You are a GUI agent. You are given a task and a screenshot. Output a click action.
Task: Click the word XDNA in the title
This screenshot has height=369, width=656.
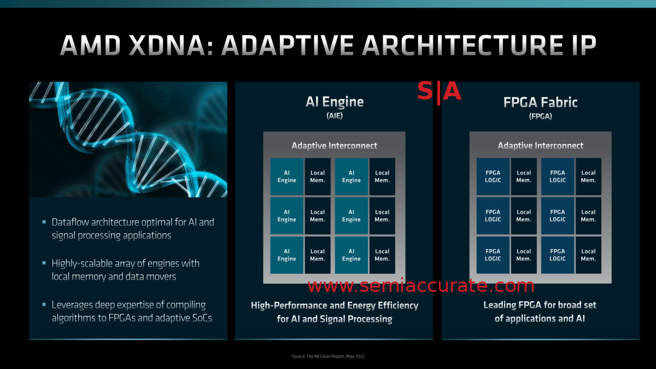pyautogui.click(x=167, y=45)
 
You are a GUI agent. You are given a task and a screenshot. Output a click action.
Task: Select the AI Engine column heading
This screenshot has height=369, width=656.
pyautogui.click(x=335, y=102)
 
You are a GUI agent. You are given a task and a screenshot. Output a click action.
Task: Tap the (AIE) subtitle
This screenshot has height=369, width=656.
pyautogui.click(x=335, y=116)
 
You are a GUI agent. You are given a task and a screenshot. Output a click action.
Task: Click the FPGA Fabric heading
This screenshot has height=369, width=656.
pyautogui.click(x=540, y=103)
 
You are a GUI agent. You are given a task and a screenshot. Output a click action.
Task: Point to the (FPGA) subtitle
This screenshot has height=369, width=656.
pyautogui.click(x=540, y=116)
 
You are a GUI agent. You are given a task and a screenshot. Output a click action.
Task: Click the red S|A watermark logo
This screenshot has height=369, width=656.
pyautogui.click(x=439, y=91)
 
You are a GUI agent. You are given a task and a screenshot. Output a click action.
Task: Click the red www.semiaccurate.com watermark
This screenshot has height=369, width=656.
pyautogui.click(x=421, y=286)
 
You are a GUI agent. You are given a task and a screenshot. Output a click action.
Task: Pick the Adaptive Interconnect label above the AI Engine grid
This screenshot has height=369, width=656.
pyautogui.click(x=334, y=145)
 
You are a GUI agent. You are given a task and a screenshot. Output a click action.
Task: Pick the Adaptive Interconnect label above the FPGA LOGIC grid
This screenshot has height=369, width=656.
pyautogui.click(x=540, y=145)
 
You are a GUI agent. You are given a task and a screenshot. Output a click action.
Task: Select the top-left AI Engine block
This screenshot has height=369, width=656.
pyautogui.click(x=286, y=177)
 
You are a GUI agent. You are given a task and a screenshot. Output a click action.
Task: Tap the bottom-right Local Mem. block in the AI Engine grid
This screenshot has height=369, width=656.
pyautogui.click(x=382, y=255)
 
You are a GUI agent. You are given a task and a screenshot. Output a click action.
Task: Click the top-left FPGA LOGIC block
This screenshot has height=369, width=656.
pyautogui.click(x=493, y=177)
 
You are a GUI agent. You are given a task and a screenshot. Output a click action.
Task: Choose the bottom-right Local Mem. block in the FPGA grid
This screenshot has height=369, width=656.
pyautogui.click(x=588, y=255)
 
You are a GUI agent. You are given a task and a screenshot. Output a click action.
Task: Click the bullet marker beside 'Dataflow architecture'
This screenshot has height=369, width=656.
pyautogui.click(x=44, y=222)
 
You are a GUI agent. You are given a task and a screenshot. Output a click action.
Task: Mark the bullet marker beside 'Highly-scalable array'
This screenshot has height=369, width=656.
pyautogui.click(x=44, y=263)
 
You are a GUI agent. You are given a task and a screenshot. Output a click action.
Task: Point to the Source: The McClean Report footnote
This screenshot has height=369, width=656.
pyautogui.click(x=328, y=356)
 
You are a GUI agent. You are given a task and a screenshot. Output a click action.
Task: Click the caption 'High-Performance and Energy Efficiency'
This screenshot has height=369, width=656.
pyautogui.click(x=335, y=306)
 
